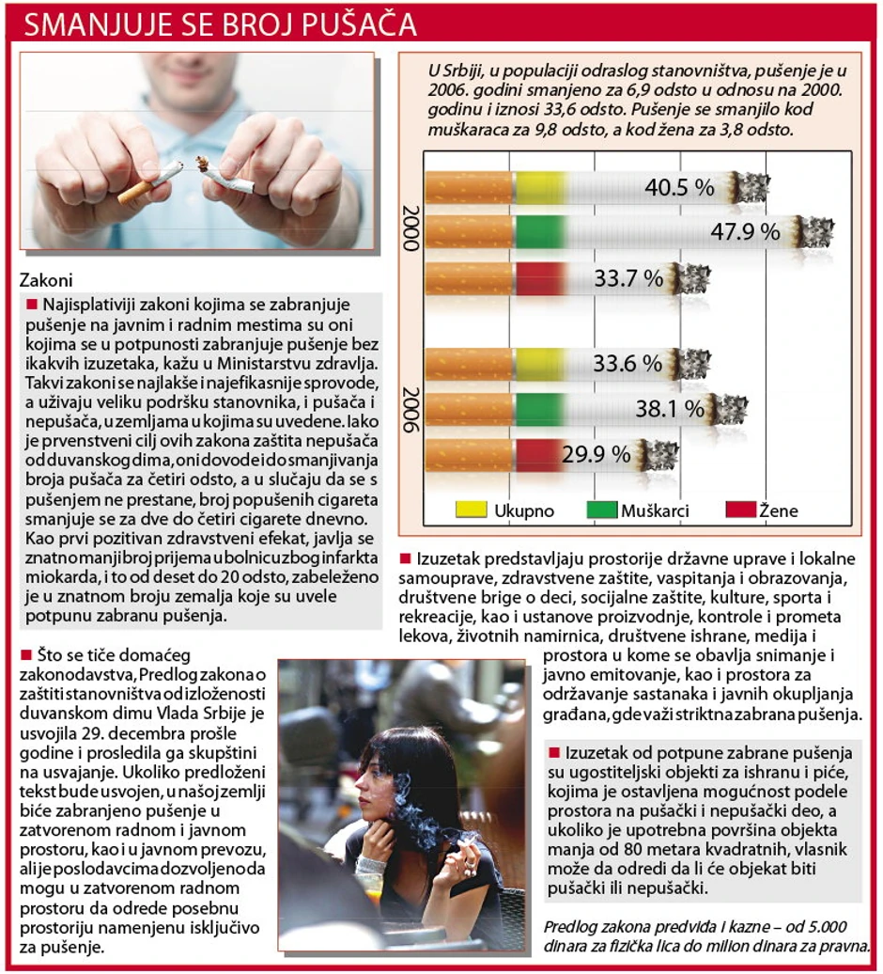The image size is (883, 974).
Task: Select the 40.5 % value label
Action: pyautogui.click(x=680, y=188)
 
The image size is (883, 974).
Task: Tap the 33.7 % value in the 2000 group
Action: pyautogui.click(x=628, y=278)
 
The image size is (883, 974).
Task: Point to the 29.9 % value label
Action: pyautogui.click(x=596, y=454)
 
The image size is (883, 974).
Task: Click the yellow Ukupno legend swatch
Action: pyautogui.click(x=471, y=511)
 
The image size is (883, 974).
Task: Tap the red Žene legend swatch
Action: pyautogui.click(x=740, y=511)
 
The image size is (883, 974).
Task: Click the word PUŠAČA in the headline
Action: pyautogui.click(x=356, y=24)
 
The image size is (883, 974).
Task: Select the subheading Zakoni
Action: pyautogui.click(x=45, y=280)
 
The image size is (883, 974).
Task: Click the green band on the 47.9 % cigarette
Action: pyautogui.click(x=540, y=231)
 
